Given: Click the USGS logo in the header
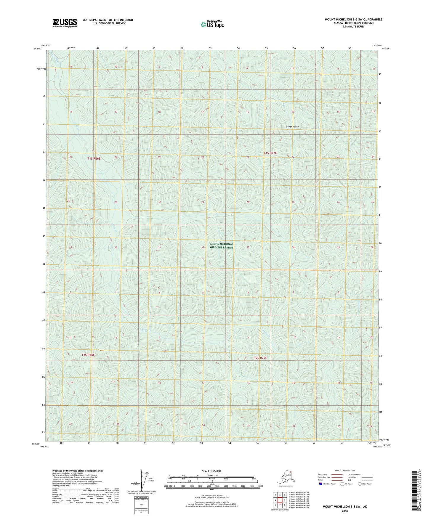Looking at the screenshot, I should [65, 23].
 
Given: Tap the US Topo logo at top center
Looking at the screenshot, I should [212, 24].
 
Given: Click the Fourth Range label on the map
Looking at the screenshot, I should [292, 127].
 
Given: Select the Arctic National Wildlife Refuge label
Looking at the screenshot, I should [222, 246].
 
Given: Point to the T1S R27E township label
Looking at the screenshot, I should [270, 153].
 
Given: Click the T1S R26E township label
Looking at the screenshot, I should [94, 158].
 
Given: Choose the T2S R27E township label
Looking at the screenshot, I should [260, 358].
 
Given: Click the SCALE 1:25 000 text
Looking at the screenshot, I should [211, 471].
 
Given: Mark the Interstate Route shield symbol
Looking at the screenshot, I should [320, 484].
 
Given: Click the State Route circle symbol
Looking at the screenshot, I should [360, 484].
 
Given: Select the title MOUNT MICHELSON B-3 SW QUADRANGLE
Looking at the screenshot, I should [353, 20].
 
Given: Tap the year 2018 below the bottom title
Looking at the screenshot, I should [345, 511].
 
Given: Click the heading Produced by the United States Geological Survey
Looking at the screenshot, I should [78, 471].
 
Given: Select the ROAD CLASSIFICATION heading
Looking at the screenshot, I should [345, 471].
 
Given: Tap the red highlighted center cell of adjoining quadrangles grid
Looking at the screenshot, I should [280, 500].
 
